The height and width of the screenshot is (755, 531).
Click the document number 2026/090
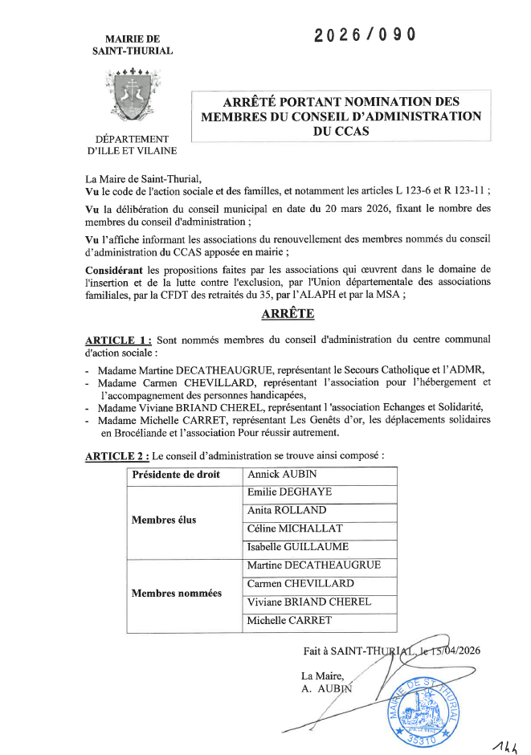point(366,35)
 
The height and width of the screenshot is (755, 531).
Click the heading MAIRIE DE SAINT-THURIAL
point(133,44)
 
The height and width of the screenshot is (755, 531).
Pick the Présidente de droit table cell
point(176,475)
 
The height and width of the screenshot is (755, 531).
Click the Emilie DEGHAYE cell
point(289,492)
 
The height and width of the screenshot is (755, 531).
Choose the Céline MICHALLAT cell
point(295,528)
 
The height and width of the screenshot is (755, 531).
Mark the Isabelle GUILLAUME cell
point(297,547)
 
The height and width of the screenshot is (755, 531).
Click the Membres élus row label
point(164,520)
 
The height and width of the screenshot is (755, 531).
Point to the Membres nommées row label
point(177,593)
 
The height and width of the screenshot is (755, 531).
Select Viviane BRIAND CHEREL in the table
point(308,602)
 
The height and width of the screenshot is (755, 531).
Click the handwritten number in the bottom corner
point(504,739)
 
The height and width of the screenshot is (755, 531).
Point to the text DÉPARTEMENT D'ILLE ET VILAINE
point(133,145)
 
